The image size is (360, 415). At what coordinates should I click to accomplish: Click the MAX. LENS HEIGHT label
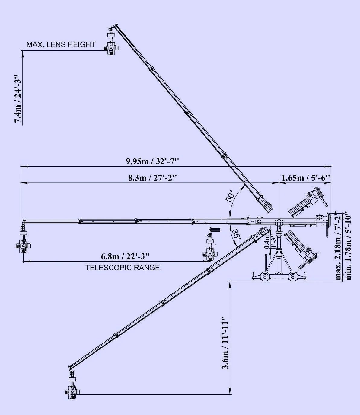[x=61, y=44]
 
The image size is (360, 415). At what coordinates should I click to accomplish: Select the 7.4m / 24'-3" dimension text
[x=18, y=99]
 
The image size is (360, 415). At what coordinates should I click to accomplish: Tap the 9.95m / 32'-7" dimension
[x=152, y=161]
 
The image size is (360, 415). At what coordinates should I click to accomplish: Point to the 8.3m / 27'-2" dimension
[x=152, y=178]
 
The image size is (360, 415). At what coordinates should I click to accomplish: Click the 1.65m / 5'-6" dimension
[x=306, y=178]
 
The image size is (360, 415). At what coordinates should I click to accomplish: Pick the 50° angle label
[x=230, y=196]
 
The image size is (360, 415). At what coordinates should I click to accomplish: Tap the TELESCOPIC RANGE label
[x=123, y=268]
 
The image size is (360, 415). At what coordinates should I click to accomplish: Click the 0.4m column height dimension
[x=267, y=242]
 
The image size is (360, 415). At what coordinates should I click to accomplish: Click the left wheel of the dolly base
[x=265, y=276]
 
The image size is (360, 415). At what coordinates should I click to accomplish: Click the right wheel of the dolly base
[x=292, y=276]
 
